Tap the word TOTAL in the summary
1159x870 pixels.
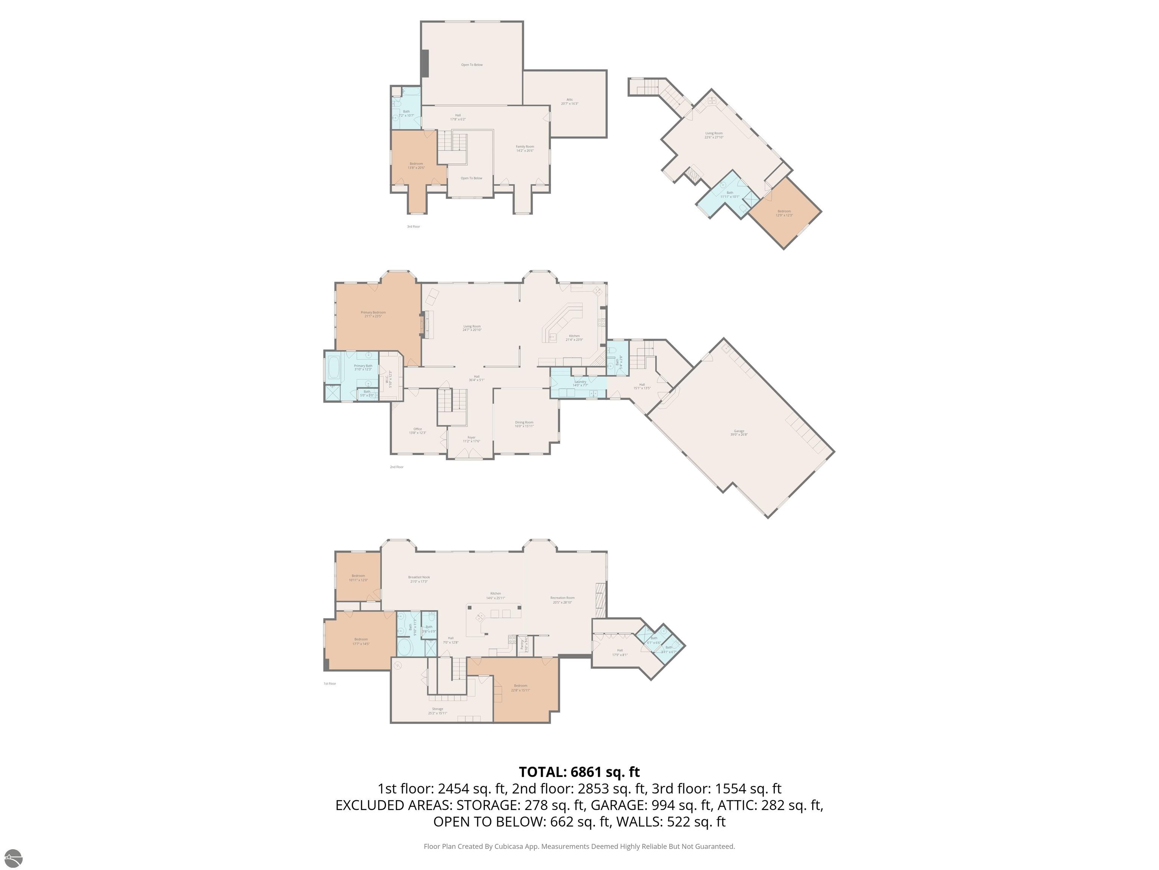542,772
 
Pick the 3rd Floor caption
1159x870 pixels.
413,227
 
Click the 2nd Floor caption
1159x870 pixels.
397,467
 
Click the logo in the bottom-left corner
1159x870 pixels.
12,858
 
